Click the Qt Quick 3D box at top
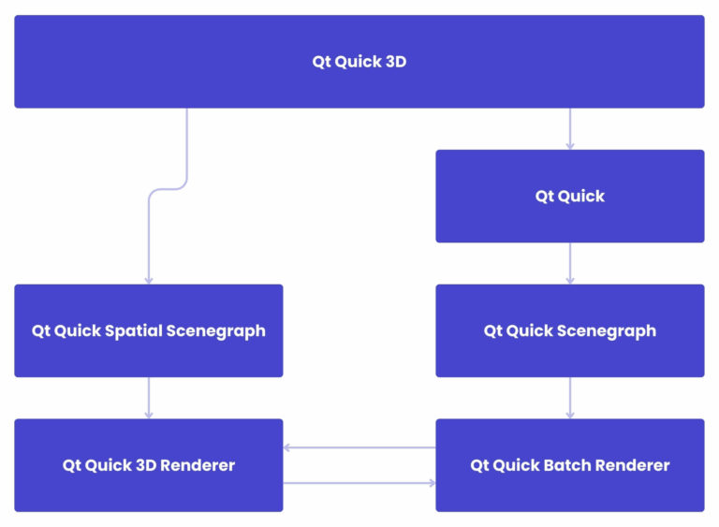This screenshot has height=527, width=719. pos(359,62)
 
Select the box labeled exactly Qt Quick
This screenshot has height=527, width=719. pos(569,196)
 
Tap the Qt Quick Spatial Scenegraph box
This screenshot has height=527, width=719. pos(148,330)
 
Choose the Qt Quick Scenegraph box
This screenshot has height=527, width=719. pos(569,330)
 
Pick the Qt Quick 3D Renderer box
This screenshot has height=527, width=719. pos(148,465)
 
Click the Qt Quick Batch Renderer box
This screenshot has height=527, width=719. pos(569,465)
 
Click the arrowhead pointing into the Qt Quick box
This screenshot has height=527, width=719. pos(569,145)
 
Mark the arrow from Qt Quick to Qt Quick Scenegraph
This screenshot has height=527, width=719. pos(569,263)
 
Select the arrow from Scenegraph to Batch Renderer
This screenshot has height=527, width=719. pos(569,398)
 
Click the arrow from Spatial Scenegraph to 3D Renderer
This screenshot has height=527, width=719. pos(148,398)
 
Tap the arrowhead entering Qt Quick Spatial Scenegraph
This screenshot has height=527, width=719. pos(148,279)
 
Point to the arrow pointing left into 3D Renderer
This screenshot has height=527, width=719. pos(359,447)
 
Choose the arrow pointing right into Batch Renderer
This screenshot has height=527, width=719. pos(359,483)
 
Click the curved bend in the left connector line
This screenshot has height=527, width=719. pos(169,189)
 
